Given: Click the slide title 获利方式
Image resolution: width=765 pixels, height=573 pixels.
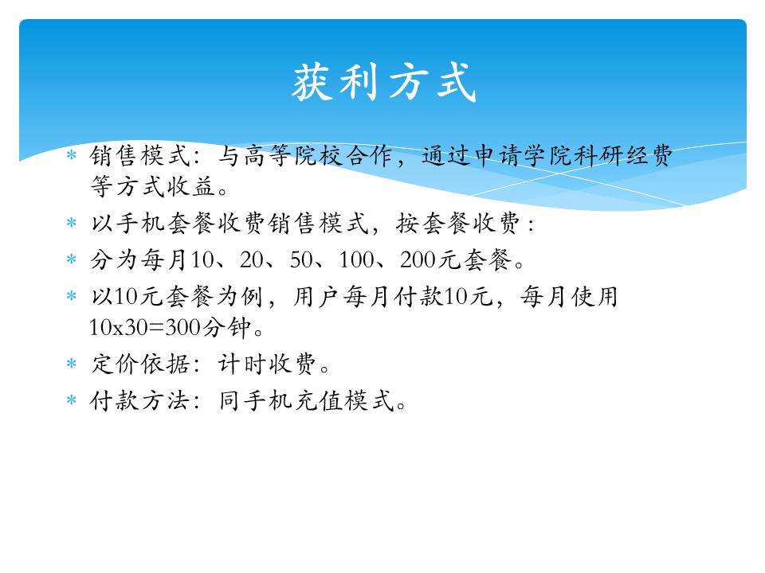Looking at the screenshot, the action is click(x=384, y=82).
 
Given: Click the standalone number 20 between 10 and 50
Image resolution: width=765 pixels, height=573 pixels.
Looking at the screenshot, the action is click(x=251, y=259).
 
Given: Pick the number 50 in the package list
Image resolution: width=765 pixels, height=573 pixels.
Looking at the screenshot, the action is click(x=301, y=259).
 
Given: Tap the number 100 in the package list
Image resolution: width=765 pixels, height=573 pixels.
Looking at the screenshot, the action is click(x=357, y=259).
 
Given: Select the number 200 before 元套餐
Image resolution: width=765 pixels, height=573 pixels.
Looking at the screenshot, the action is click(x=418, y=259).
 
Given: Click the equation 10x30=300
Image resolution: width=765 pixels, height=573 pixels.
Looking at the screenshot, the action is click(x=145, y=327).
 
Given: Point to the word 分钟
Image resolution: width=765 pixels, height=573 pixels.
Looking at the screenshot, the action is click(x=227, y=327).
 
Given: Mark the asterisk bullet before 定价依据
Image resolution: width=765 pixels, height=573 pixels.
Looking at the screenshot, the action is click(x=72, y=364).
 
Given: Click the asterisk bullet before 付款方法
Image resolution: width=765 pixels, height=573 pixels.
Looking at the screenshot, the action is click(x=72, y=400).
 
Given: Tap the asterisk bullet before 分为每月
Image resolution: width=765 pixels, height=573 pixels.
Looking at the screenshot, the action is click(x=72, y=259).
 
